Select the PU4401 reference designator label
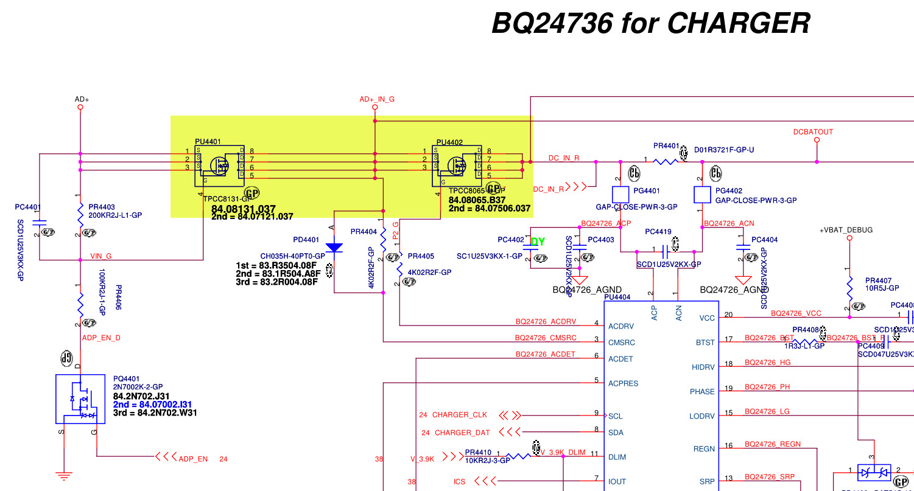(209, 142)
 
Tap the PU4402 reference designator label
(449, 142)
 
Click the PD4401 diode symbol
(334, 248)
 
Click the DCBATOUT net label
(813, 132)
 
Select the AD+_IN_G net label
(377, 99)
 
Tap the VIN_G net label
(101, 256)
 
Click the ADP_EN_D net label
(101, 337)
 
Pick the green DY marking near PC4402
(538, 242)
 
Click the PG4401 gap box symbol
(620, 195)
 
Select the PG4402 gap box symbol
(702, 195)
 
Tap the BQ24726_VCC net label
(796, 314)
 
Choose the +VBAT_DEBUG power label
(846, 230)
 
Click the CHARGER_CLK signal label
(460, 416)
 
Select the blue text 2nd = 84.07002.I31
(152, 405)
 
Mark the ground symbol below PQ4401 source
(63, 475)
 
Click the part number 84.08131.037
(244, 209)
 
